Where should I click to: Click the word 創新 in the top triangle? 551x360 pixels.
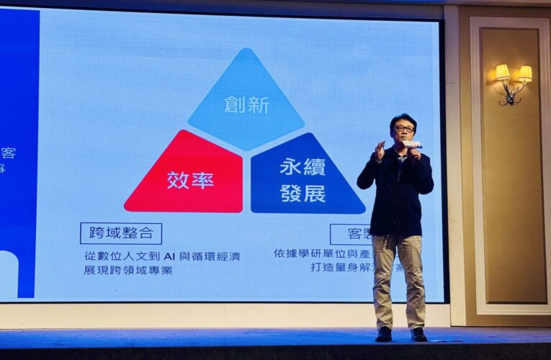(x=246, y=104)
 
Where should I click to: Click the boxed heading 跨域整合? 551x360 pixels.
(x=121, y=233)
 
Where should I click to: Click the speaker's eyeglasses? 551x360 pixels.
(x=404, y=129)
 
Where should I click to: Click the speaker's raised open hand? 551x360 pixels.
(x=380, y=150)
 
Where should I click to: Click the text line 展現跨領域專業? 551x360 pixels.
(x=127, y=271)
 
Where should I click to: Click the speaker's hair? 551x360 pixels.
(x=403, y=118)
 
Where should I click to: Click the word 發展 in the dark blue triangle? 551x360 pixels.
(x=303, y=193)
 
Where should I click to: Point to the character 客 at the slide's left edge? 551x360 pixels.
(x=9, y=153)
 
